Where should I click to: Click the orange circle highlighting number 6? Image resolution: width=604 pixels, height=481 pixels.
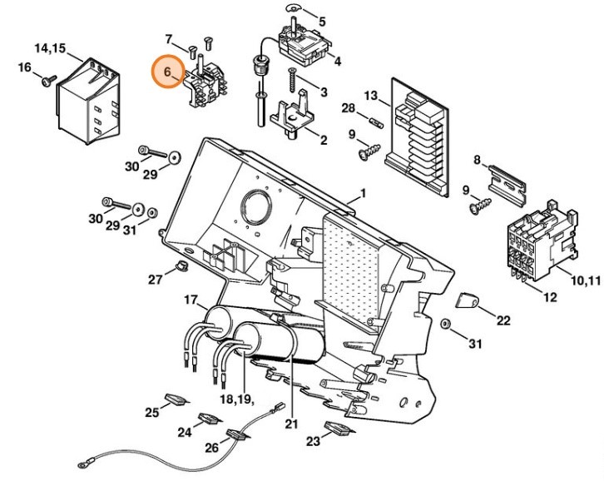pos(168,73)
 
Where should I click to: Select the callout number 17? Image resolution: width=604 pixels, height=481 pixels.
pos(190,300)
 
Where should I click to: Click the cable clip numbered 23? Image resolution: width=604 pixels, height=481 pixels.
pos(339,429)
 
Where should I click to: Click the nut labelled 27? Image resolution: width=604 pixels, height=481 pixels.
pos(176,266)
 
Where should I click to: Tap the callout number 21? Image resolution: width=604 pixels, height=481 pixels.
pos(290,424)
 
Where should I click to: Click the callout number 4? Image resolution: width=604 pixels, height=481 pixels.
pos(337,61)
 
